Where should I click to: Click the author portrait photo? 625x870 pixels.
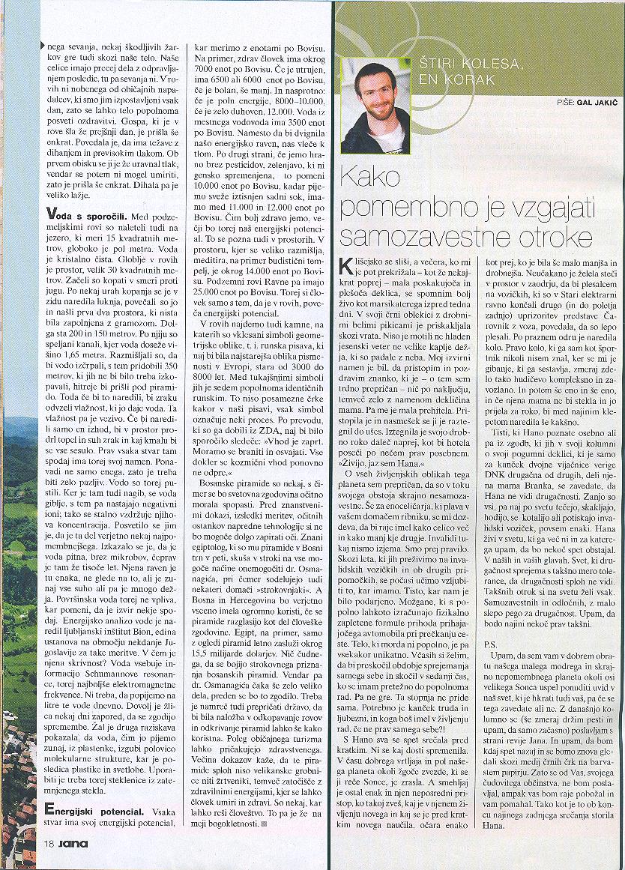[x=375, y=106]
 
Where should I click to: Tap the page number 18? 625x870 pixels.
[x=47, y=843]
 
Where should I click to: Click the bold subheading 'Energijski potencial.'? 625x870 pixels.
[x=100, y=808]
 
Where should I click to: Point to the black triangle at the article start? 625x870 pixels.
[x=42, y=44]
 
